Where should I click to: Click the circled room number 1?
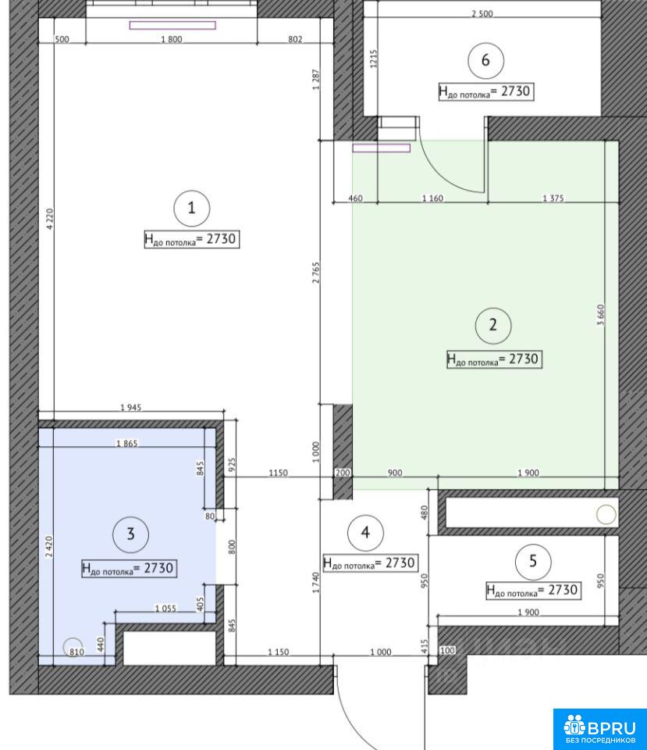pyautogui.click(x=192, y=208)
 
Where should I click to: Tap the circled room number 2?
pyautogui.click(x=493, y=325)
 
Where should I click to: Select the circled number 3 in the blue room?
pyautogui.click(x=131, y=534)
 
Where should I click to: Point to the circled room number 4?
pyautogui.click(x=365, y=532)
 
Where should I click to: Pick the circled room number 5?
pyautogui.click(x=533, y=561)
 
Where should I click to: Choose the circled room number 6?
pyautogui.click(x=485, y=60)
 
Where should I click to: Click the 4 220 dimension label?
pyautogui.click(x=50, y=220)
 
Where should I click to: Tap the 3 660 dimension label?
pyautogui.click(x=601, y=315)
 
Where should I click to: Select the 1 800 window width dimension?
pyautogui.click(x=172, y=39)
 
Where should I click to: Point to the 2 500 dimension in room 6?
pyautogui.click(x=482, y=13)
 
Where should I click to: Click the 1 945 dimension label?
pyautogui.click(x=130, y=408)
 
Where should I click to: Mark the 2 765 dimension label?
pyautogui.click(x=316, y=273)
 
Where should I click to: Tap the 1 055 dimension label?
pyautogui.click(x=165, y=609)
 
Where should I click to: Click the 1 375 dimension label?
pyautogui.click(x=553, y=198)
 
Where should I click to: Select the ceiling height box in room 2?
pyautogui.click(x=495, y=359)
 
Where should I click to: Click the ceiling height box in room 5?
pyautogui.click(x=533, y=590)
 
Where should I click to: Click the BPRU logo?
pyautogui.click(x=600, y=729)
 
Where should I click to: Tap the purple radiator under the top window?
pyautogui.click(x=172, y=25)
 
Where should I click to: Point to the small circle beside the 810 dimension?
pyautogui.click(x=73, y=648)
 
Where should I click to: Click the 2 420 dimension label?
pyautogui.click(x=48, y=547)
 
